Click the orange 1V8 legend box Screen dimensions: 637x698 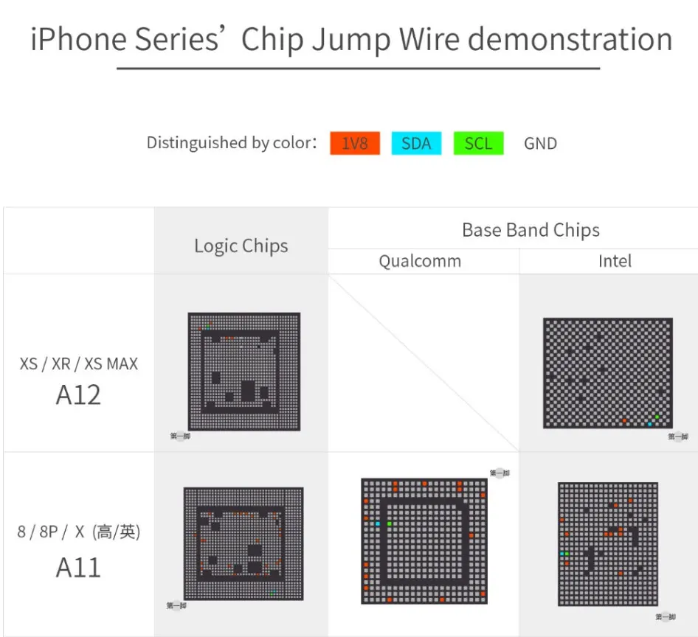point(355,143)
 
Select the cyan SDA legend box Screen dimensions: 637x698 point(416,143)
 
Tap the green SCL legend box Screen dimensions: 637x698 point(478,143)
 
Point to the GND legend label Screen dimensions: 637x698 point(540,144)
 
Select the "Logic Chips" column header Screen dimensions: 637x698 point(241,246)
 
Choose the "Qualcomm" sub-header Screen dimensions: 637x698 point(420,261)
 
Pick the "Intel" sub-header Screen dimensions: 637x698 point(615,261)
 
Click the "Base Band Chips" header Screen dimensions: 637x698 point(531,230)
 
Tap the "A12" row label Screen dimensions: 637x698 point(78,395)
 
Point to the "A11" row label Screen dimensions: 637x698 point(78,568)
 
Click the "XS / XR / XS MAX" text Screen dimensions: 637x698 point(78,363)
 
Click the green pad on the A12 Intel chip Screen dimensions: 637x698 point(657,417)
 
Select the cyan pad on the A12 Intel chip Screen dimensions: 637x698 point(649,424)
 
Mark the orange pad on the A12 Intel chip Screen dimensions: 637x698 point(624,420)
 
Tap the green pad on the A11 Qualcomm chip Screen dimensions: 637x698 point(390,523)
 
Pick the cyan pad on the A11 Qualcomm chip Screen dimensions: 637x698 point(378,523)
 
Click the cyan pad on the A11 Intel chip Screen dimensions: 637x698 point(564,553)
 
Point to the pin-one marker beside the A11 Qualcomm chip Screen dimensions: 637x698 point(500,473)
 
